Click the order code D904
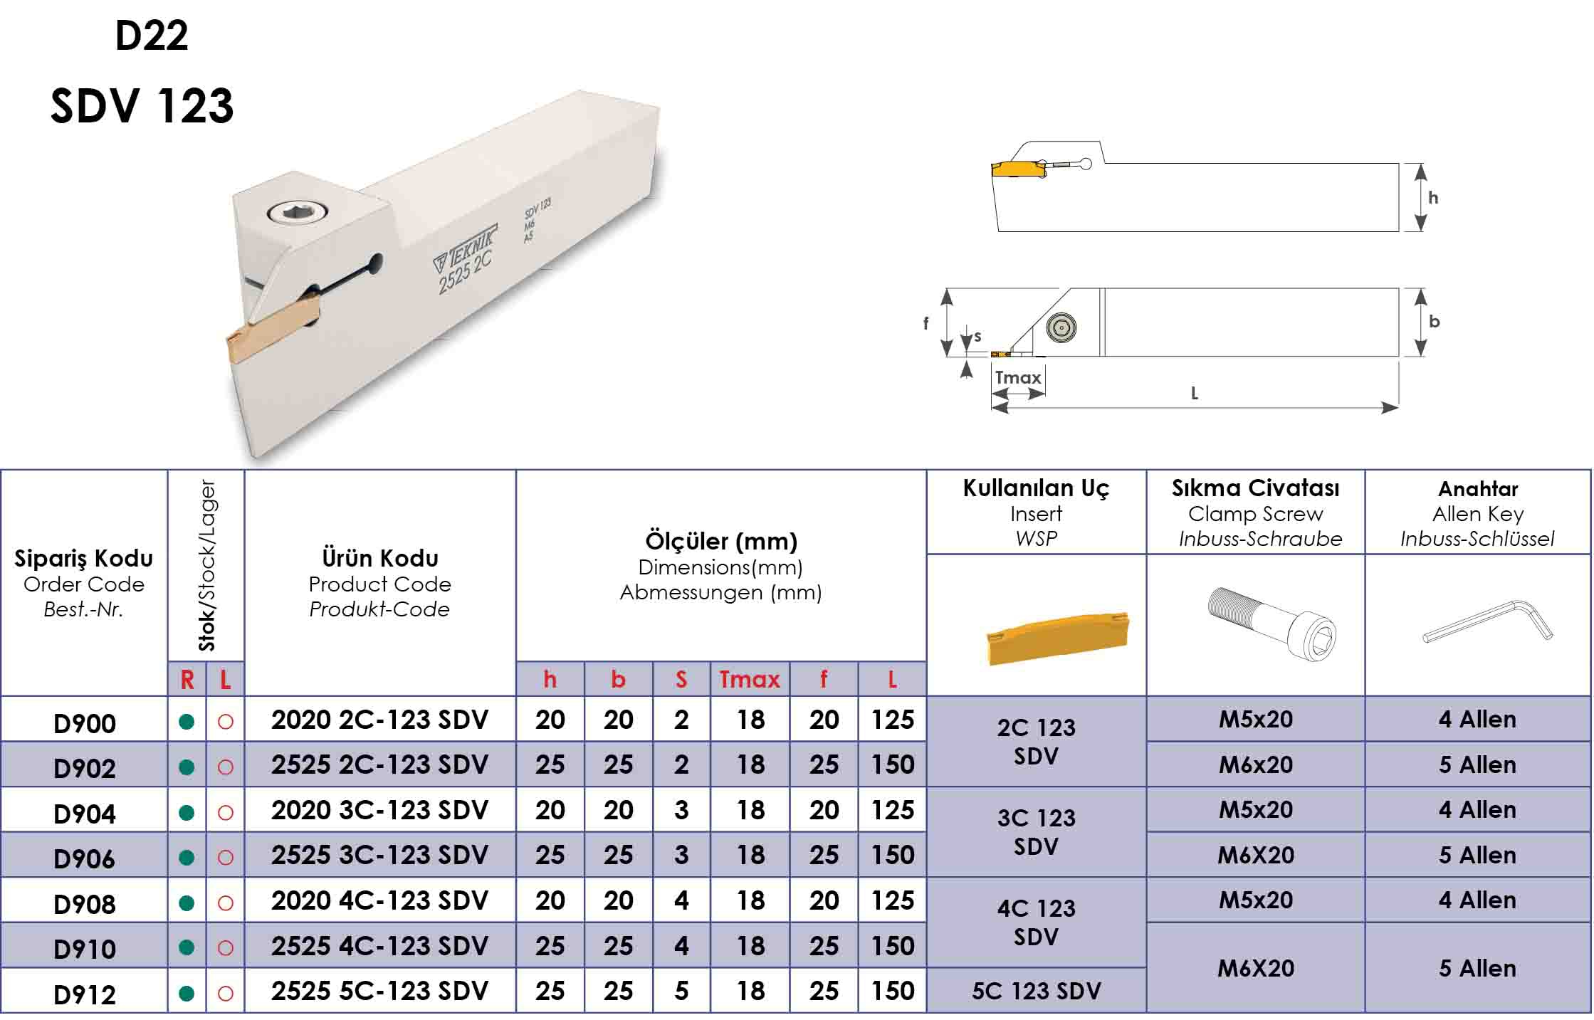(85, 813)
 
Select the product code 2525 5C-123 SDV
(379, 990)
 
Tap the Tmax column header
(749, 679)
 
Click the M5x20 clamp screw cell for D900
(1255, 719)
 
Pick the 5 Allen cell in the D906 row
(1477, 855)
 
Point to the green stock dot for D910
(187, 947)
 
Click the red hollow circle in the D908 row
(226, 903)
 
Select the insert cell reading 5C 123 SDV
(1036, 990)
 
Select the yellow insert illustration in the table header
(1057, 638)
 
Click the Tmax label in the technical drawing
(1017, 377)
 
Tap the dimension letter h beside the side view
(1433, 198)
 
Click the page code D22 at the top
(152, 35)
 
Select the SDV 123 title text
(142, 105)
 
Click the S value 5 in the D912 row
(681, 991)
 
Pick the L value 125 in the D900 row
(893, 720)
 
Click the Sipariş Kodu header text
(84, 558)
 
